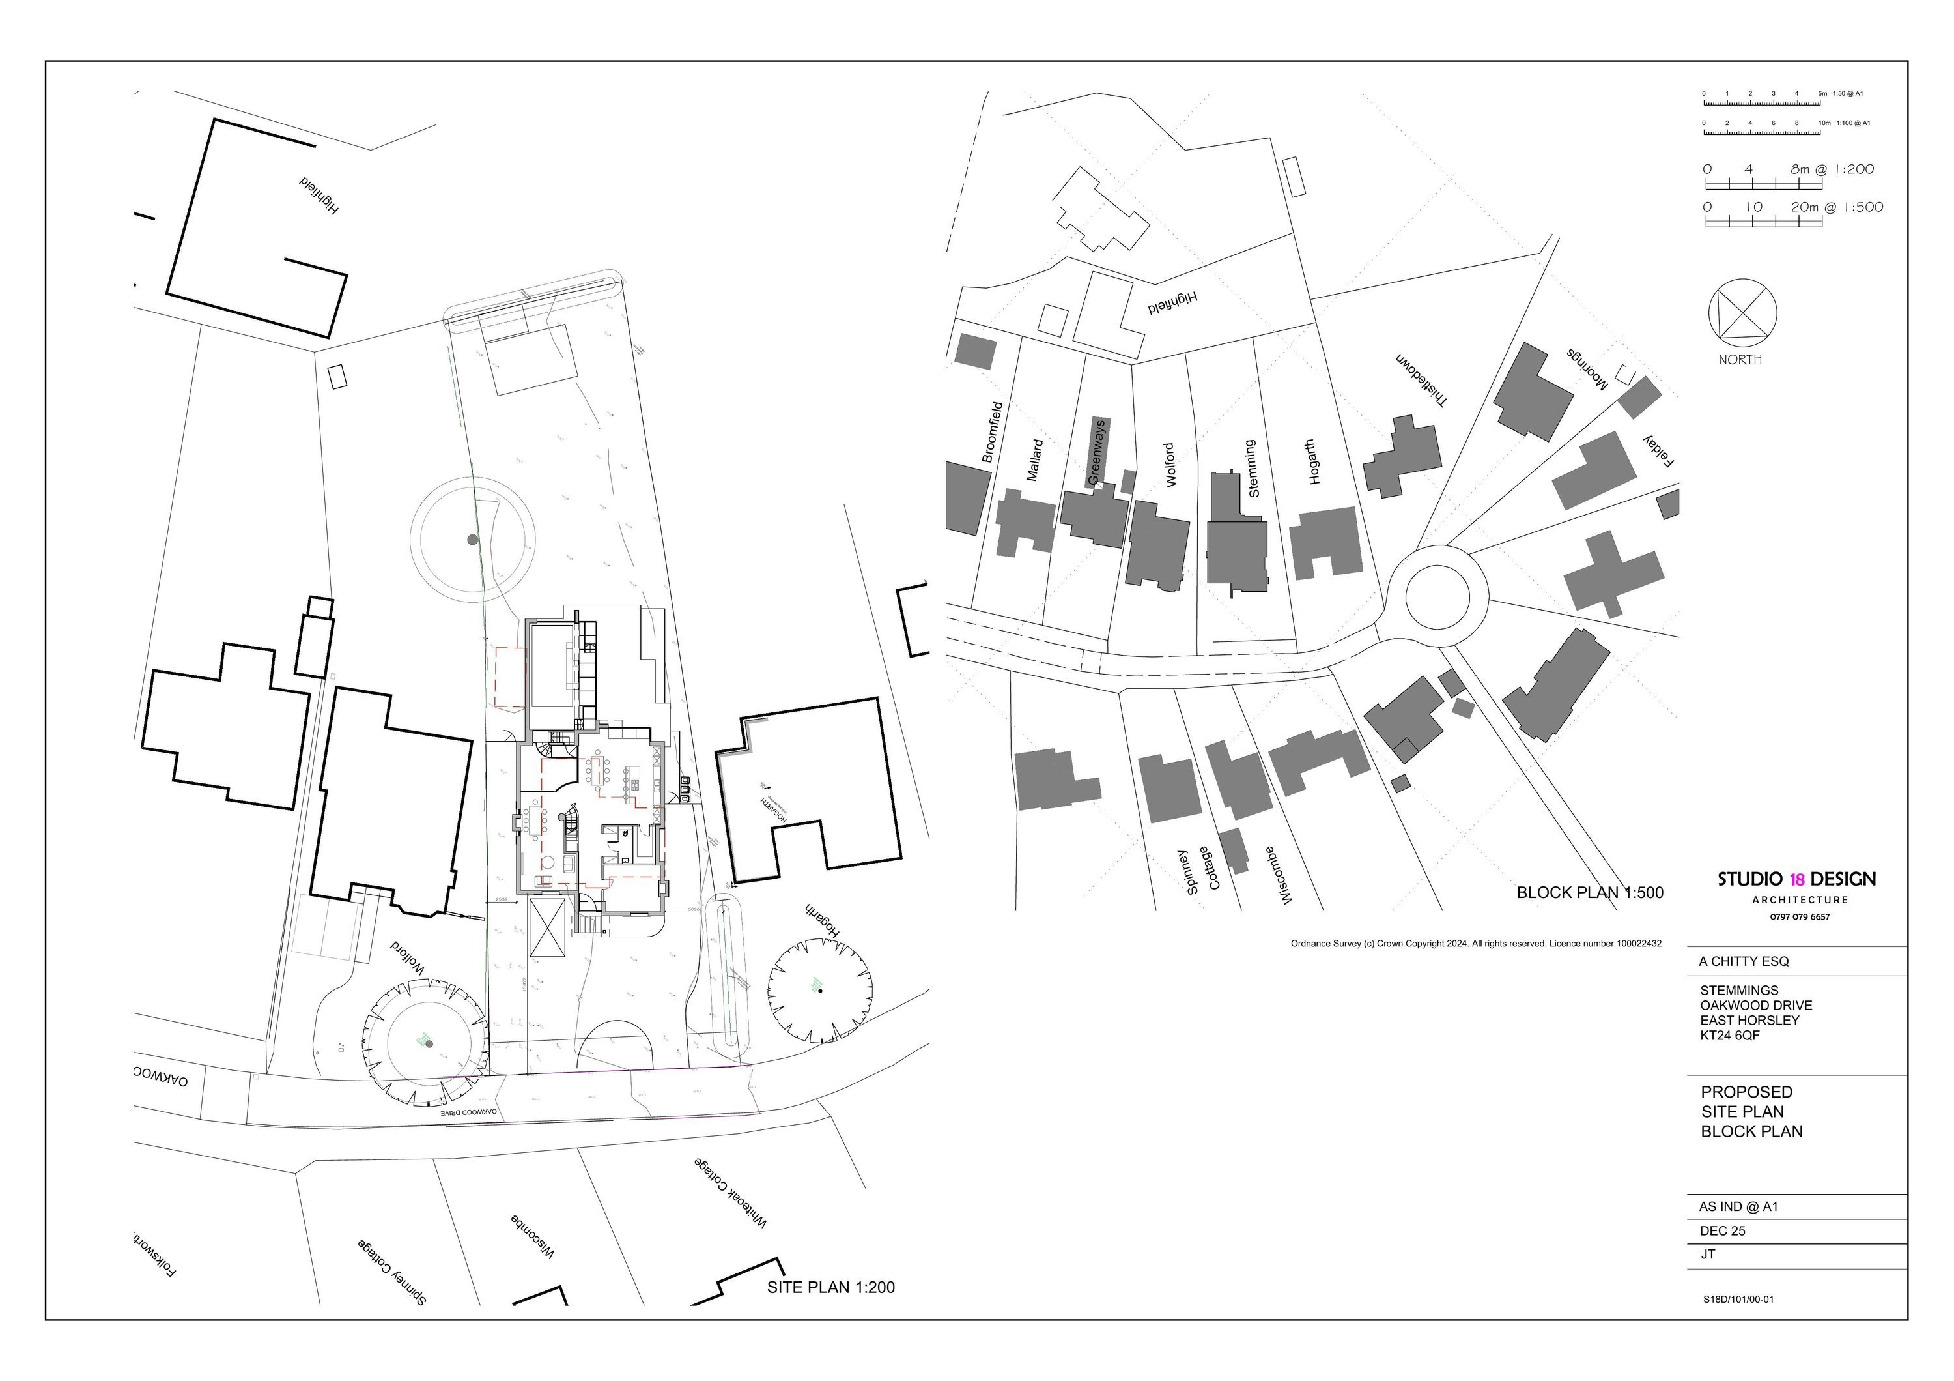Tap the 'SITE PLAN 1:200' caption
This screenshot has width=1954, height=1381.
[x=830, y=1287]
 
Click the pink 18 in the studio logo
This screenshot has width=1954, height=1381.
[x=1796, y=880]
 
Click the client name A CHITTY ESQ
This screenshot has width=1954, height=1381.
[x=1744, y=961]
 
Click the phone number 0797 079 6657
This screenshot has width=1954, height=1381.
[x=1796, y=917]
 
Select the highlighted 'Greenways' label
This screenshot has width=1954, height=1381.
[x=1098, y=452]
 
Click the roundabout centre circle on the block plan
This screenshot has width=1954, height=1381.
[x=1437, y=598]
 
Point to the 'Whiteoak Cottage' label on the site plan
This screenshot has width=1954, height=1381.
[x=730, y=1192]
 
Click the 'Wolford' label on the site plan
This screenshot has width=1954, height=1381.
[x=408, y=957]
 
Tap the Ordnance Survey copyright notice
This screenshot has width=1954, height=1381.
[x=1476, y=944]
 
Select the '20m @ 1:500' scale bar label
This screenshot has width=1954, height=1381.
[x=1837, y=207]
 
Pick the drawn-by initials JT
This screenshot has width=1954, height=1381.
[x=1707, y=1255]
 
